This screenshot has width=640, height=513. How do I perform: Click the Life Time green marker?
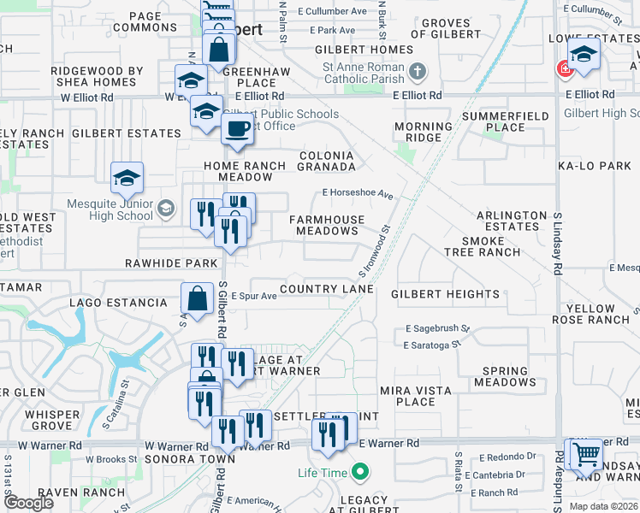(x=360, y=472)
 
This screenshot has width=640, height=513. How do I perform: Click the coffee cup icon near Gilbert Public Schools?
(x=236, y=129)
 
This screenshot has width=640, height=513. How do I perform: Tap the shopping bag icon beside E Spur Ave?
(x=197, y=298)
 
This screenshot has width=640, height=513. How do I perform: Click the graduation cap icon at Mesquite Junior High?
(x=127, y=178)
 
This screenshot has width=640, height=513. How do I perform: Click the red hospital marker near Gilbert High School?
(x=564, y=70)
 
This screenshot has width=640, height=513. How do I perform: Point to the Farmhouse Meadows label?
(x=327, y=226)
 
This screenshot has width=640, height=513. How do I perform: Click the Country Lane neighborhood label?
(x=326, y=289)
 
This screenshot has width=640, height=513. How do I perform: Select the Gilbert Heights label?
(x=445, y=294)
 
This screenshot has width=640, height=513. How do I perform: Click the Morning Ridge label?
(x=423, y=133)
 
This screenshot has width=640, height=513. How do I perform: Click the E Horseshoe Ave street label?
(x=358, y=194)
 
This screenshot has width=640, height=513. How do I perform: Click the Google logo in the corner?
(x=30, y=503)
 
